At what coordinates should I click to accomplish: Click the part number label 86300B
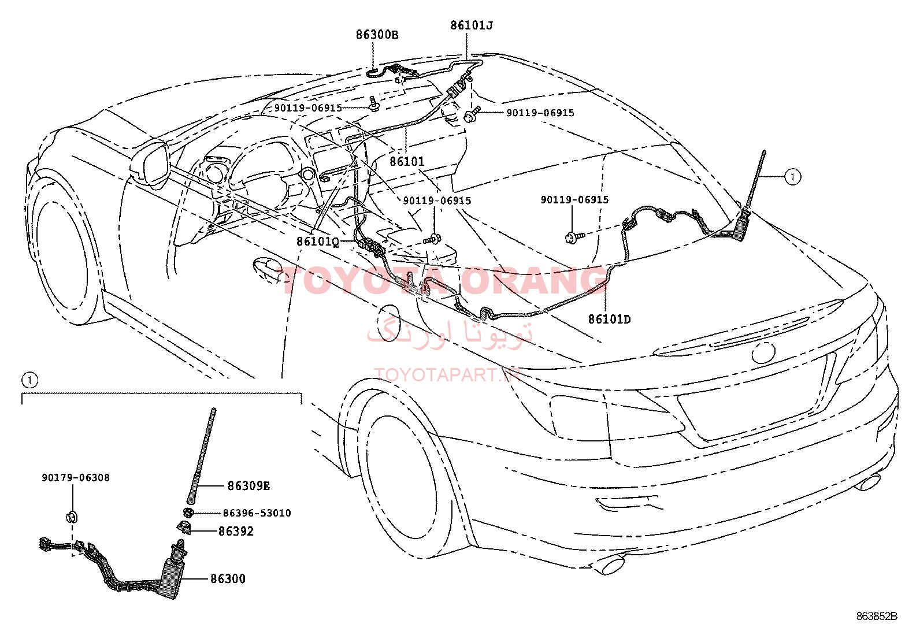[x=377, y=35]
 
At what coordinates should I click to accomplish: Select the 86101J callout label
[x=472, y=25]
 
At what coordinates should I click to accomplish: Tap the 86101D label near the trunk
[x=609, y=319]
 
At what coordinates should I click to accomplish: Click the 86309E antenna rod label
[x=248, y=486]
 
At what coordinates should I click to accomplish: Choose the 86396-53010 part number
[x=257, y=513]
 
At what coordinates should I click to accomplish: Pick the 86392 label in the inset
[x=236, y=531]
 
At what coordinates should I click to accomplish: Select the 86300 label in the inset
[x=227, y=578]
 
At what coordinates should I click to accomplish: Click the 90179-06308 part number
[x=76, y=478]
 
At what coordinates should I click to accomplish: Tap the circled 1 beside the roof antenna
[x=792, y=177]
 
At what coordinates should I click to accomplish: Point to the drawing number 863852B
[x=877, y=616]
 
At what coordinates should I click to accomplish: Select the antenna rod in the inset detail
[x=202, y=456]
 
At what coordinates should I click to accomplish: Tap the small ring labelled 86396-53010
[x=188, y=513]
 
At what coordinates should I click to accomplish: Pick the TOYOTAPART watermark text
[x=448, y=375]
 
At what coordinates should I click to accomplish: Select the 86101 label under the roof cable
[x=407, y=162]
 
